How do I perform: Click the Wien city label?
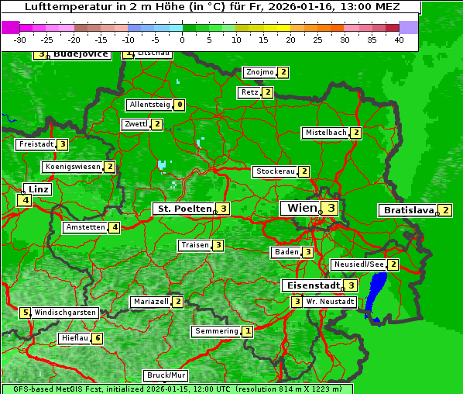tap(301, 208)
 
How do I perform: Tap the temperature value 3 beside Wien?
tap(331, 208)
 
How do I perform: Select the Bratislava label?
tap(407, 210)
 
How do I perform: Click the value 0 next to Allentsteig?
tap(180, 105)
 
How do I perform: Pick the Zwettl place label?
tap(135, 124)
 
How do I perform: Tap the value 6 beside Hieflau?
tap(97, 338)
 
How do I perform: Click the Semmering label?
tap(217, 331)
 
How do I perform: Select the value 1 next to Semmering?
tap(247, 331)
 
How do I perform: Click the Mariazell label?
tap(151, 301)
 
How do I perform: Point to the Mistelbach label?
tap(326, 133)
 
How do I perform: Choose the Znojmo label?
tap(259, 72)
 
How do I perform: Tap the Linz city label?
tap(38, 189)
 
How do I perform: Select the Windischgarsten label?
tap(65, 313)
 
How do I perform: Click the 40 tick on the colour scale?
tap(399, 40)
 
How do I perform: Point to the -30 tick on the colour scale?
tap(20, 40)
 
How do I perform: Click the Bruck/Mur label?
tap(166, 375)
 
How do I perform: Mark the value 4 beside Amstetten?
tap(114, 227)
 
